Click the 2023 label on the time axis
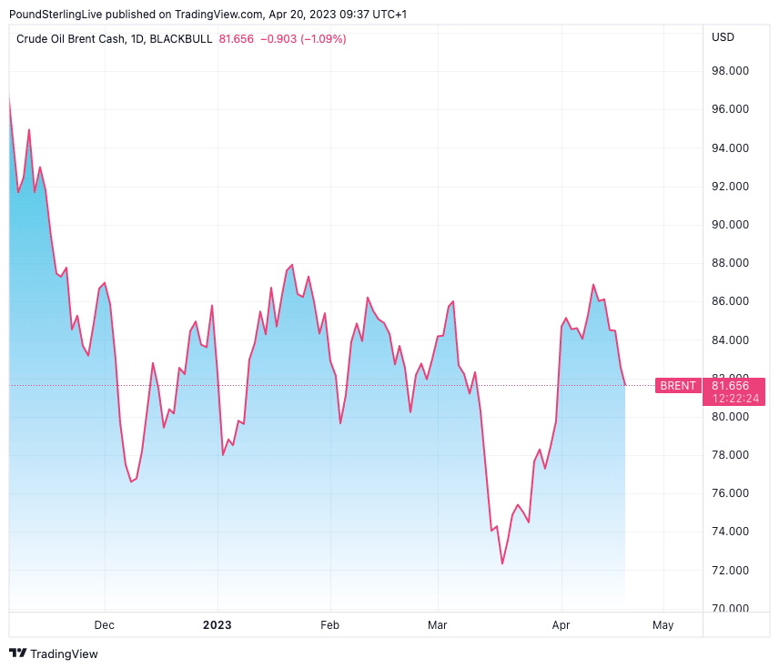click(x=218, y=624)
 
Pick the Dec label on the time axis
click(x=105, y=624)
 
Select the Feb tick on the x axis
click(x=329, y=624)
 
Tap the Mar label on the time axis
click(x=438, y=624)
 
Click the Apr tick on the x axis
click(x=561, y=624)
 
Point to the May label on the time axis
click(x=663, y=624)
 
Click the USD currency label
click(x=723, y=37)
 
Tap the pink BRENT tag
click(x=678, y=386)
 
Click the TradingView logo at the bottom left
click(x=54, y=654)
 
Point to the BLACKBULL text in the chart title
click(x=181, y=39)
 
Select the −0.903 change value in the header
click(x=278, y=39)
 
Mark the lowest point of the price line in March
click(x=502, y=563)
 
